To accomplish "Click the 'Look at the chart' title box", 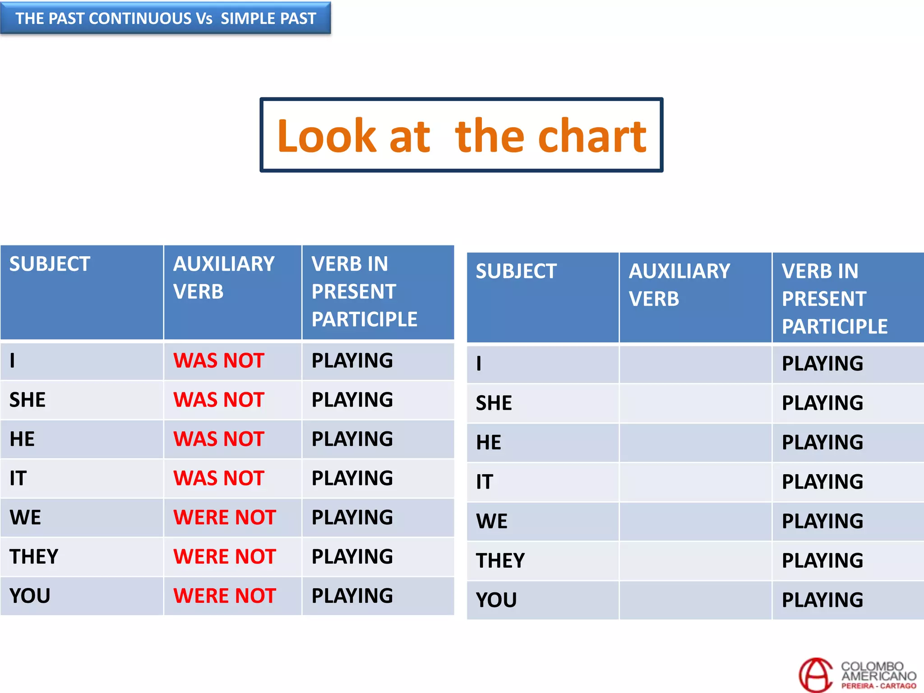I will point(461,135).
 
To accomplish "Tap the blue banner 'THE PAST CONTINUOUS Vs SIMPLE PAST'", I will point(166,18).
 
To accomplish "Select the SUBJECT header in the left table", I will point(50,264).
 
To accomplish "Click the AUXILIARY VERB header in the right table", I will point(679,285).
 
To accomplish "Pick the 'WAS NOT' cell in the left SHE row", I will point(219,400).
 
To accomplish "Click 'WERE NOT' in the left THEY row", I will point(225,557).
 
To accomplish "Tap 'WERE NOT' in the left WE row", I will point(225,517).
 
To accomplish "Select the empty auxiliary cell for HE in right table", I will point(695,443).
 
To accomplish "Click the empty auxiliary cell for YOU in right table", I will point(695,600).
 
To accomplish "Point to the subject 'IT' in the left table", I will point(18,478).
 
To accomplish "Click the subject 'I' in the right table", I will point(479,364).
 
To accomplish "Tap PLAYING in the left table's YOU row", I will point(352,596).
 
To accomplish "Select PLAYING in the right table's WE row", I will point(822,521).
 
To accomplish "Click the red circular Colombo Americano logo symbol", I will point(815,675).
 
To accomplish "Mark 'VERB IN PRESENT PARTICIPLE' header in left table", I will point(364,291).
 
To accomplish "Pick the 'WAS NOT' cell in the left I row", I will point(219,361).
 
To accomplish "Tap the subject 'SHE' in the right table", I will point(494,403).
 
